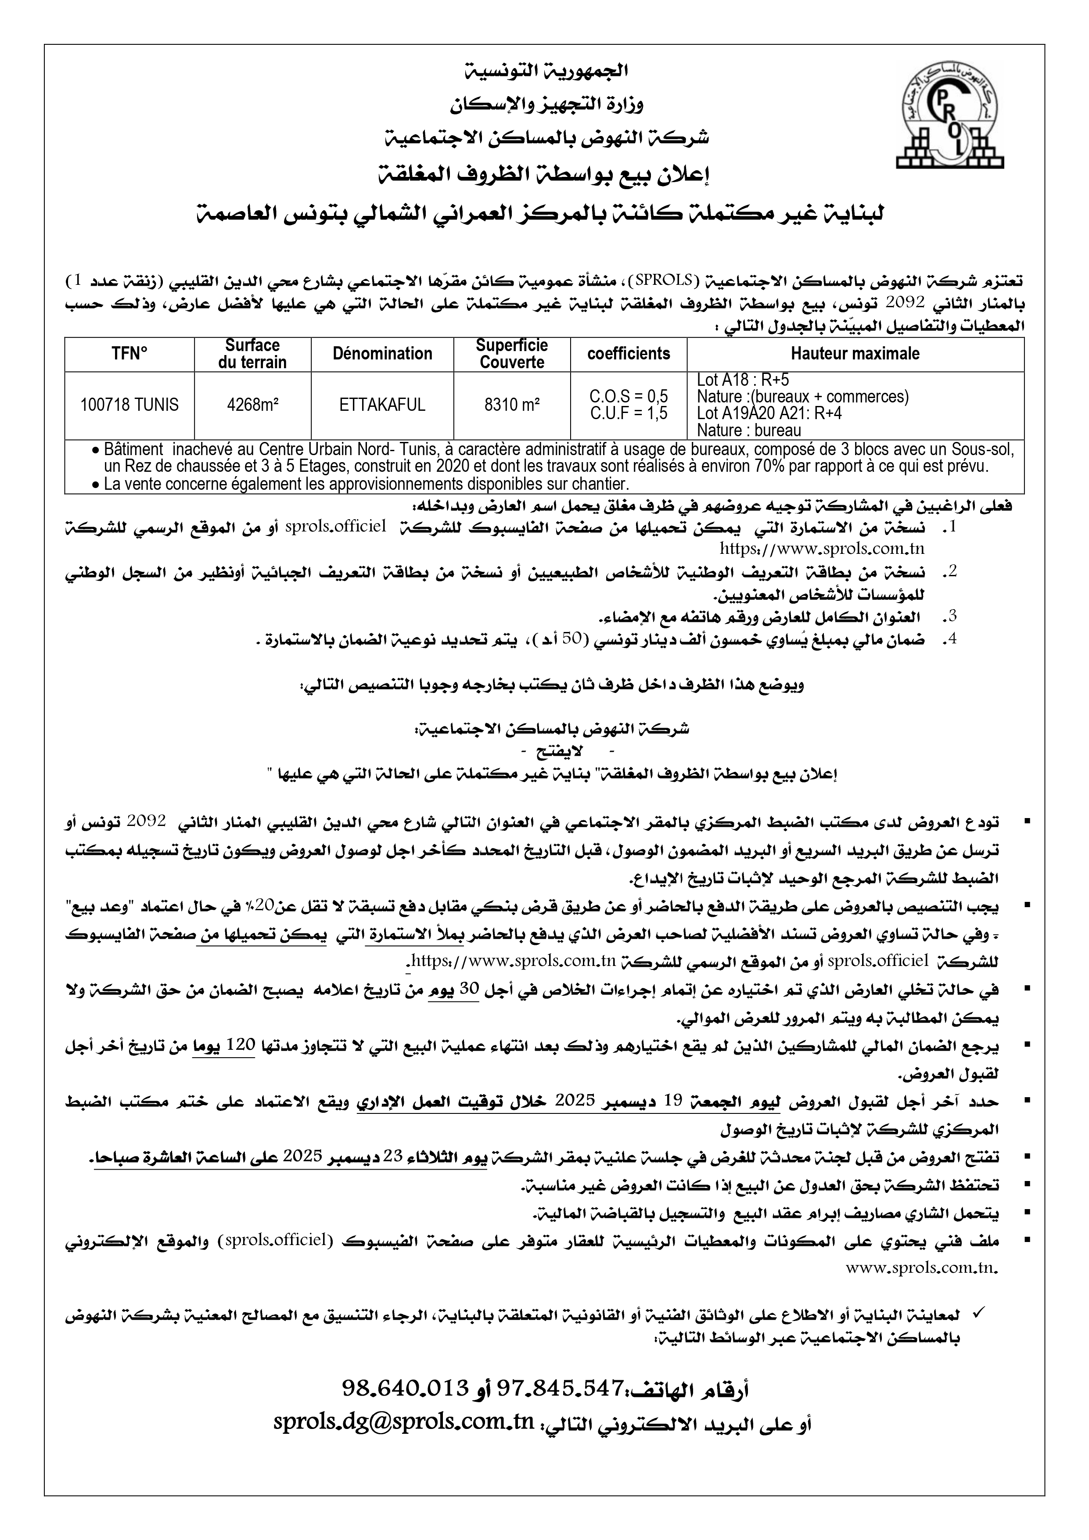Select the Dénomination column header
[382, 354]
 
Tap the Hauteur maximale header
[855, 354]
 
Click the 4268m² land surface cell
[252, 405]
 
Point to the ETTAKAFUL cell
[382, 405]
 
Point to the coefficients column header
[629, 354]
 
